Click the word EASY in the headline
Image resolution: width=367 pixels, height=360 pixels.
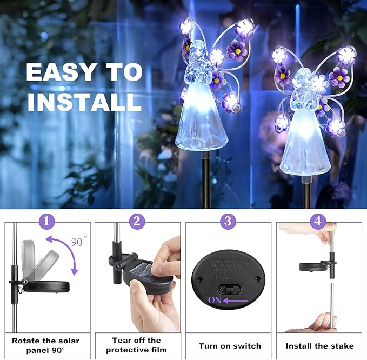point(56,72)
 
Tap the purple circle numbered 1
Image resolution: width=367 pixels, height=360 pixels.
point(48,222)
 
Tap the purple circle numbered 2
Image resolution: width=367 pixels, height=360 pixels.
point(137,222)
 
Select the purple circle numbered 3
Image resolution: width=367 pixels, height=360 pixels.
point(228,222)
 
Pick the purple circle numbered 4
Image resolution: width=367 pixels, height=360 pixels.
point(318,222)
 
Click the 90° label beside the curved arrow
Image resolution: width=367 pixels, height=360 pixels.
point(79,242)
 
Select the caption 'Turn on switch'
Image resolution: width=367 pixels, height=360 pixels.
point(229,346)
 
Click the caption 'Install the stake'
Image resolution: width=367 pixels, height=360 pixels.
point(319,346)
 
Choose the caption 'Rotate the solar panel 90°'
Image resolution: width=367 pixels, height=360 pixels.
point(45,345)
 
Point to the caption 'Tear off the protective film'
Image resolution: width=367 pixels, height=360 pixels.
point(137,345)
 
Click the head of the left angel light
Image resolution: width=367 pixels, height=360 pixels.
point(200,49)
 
